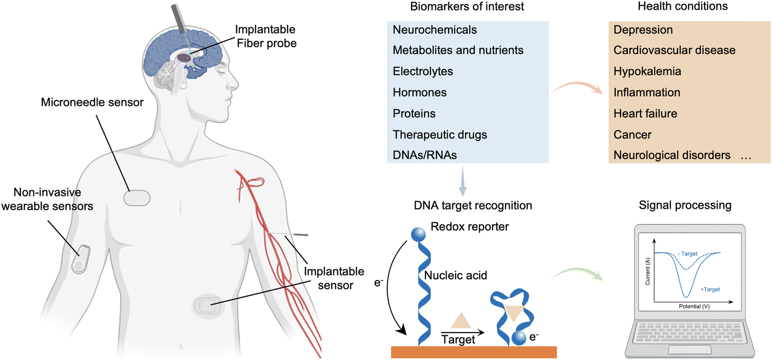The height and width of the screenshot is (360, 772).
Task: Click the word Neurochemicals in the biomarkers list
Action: tap(435, 30)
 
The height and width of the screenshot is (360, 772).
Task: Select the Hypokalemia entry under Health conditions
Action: tap(647, 71)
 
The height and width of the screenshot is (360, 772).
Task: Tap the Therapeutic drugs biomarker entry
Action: tap(440, 135)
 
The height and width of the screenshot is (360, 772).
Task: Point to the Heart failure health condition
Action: tap(645, 113)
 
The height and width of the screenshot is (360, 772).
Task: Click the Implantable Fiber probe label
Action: tap(266, 36)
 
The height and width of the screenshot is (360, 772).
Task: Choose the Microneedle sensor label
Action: tap(92, 102)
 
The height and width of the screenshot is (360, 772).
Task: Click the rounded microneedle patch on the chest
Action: tap(137, 198)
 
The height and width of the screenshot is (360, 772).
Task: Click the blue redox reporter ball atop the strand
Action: tap(418, 234)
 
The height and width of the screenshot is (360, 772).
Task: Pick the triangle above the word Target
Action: tap(461, 321)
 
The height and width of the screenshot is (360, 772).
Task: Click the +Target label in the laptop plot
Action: tap(710, 289)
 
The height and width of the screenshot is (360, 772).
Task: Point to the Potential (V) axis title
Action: tap(694, 306)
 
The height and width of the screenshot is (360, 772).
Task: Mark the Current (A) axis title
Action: tap(648, 271)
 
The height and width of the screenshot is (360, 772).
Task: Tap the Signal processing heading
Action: tap(685, 205)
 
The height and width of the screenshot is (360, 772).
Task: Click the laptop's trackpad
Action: tap(690, 350)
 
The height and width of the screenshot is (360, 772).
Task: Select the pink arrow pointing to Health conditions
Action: tap(578, 86)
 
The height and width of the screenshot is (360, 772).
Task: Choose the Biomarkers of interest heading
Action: tap(467, 7)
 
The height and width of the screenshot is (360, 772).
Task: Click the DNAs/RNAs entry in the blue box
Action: tap(424, 155)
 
